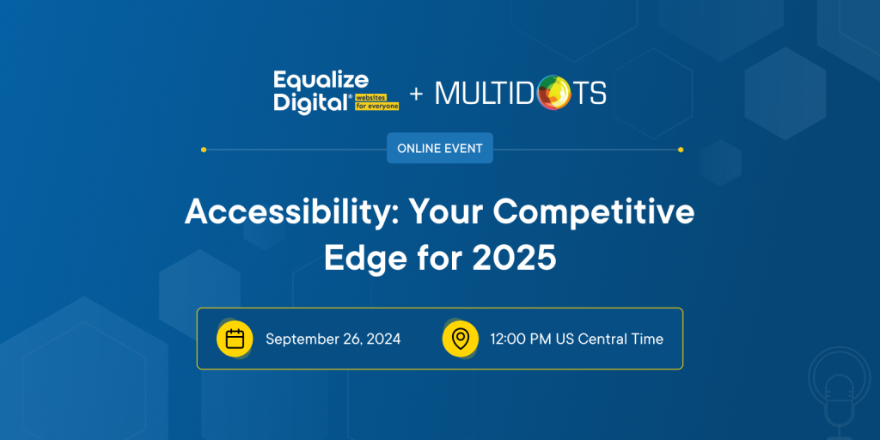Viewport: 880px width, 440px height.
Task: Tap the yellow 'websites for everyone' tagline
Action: (376, 101)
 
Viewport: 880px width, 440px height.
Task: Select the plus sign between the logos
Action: (416, 94)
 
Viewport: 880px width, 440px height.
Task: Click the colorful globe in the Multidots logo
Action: (553, 93)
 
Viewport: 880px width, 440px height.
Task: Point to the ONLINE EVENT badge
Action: (440, 148)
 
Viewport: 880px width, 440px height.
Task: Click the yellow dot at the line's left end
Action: (204, 150)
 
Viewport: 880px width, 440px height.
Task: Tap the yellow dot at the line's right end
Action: (681, 150)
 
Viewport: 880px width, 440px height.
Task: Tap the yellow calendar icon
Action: (235, 339)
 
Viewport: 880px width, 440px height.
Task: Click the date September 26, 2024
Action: (333, 339)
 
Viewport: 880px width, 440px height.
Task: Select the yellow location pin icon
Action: (461, 339)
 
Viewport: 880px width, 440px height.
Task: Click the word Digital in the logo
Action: (312, 104)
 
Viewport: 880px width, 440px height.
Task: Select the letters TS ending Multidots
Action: (589, 93)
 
